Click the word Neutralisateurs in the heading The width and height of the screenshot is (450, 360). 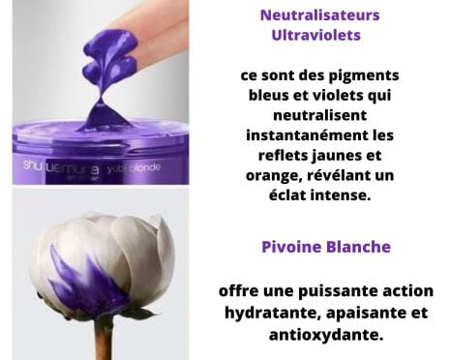(319, 15)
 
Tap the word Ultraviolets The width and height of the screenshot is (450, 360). (315, 35)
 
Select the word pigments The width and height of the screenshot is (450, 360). (364, 76)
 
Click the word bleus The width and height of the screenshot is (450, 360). (268, 95)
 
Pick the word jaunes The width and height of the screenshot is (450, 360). (337, 156)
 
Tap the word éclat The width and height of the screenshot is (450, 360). (286, 195)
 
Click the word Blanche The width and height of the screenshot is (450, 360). (358, 247)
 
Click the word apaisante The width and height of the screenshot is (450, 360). (363, 314)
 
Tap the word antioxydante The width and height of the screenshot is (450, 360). (326, 335)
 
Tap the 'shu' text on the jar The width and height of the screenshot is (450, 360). (32, 165)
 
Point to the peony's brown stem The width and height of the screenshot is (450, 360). (104, 339)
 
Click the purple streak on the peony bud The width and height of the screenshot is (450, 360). (86, 284)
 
